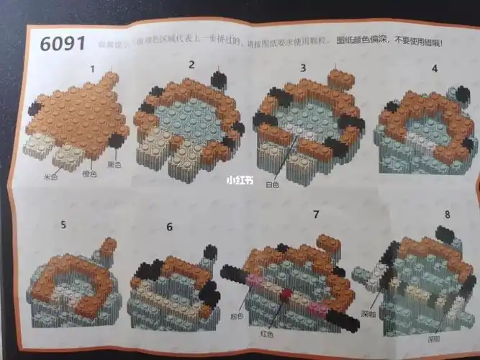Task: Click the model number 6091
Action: click(62, 42)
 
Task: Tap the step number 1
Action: click(93, 69)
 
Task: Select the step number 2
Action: click(191, 64)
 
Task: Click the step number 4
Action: click(434, 69)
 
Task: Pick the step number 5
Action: click(63, 224)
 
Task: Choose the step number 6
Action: click(170, 227)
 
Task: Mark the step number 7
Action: click(314, 214)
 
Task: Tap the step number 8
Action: click(448, 215)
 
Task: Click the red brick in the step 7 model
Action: click(286, 293)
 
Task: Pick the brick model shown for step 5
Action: click(73, 285)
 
